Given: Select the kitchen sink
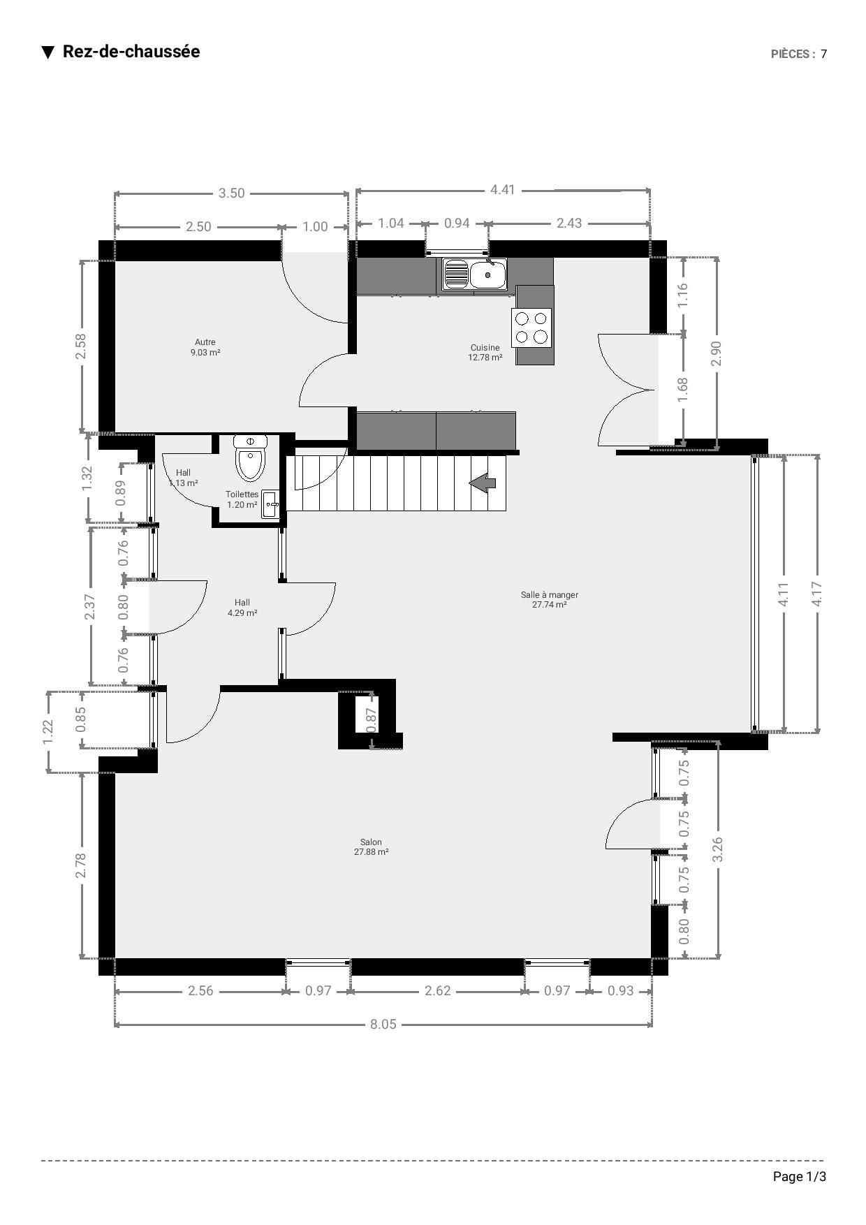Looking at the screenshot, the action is (475, 274).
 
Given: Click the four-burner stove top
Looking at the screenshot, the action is (531, 328).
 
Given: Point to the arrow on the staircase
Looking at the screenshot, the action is (483, 482).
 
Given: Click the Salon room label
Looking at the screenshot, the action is (371, 847).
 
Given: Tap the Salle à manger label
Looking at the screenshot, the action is (550, 600).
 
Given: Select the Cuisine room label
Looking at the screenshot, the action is (485, 353).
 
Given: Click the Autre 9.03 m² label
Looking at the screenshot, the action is (205, 347).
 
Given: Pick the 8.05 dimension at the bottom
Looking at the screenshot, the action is (383, 1024).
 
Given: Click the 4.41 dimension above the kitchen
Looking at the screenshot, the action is (502, 189).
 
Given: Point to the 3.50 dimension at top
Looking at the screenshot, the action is (231, 193).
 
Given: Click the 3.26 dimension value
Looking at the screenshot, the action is (717, 849).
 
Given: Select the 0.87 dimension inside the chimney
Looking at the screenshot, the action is (372, 720).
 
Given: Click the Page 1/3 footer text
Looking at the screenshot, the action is (800, 1177).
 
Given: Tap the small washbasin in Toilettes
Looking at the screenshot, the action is (270, 504).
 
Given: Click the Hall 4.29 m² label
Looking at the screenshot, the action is (242, 608).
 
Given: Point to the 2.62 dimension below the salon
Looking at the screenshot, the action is (438, 990).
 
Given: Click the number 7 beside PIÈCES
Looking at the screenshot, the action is (823, 54).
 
